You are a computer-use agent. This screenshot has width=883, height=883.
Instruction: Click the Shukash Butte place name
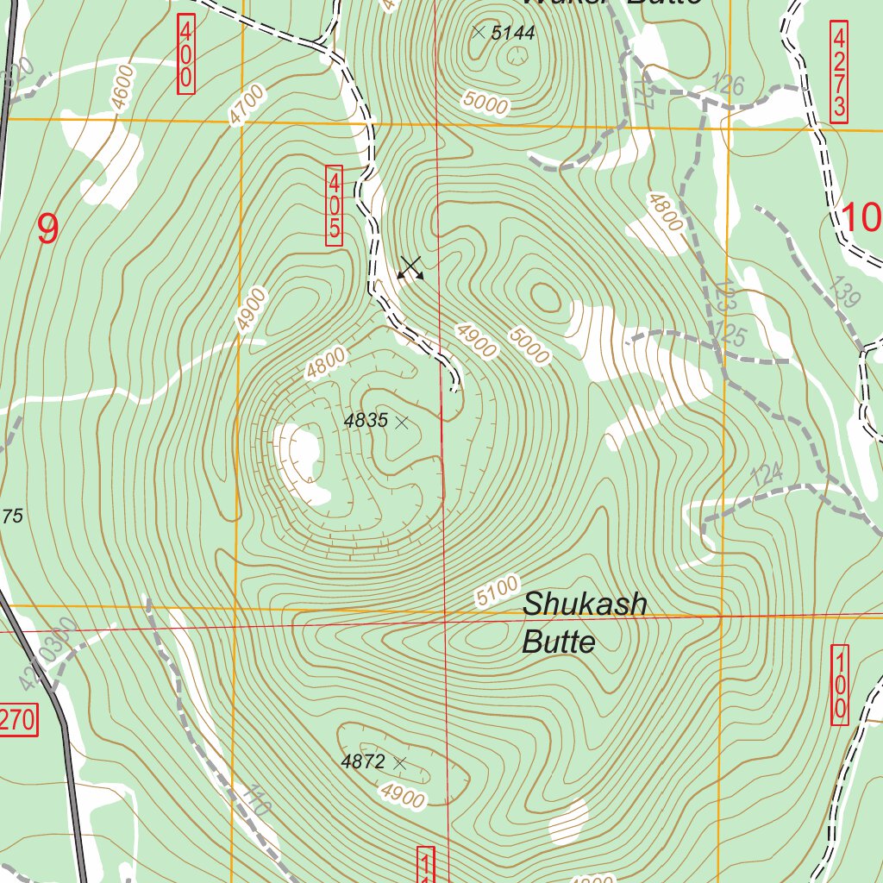tap(584, 622)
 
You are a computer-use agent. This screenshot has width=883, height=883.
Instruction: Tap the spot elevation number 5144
tap(513, 34)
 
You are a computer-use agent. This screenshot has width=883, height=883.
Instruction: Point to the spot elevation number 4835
tap(365, 422)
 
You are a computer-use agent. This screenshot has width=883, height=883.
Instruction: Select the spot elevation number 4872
tap(362, 762)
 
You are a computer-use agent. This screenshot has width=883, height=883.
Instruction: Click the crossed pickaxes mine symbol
tap(410, 268)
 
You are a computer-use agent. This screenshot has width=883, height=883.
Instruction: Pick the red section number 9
tap(48, 229)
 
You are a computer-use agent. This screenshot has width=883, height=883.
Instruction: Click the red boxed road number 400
tap(185, 53)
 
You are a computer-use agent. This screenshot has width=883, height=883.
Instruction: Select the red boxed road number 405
tap(335, 208)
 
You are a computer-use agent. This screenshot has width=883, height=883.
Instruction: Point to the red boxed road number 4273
tap(839, 73)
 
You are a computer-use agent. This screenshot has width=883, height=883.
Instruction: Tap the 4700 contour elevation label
tap(247, 106)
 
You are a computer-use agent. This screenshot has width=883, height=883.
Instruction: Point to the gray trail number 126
tap(728, 85)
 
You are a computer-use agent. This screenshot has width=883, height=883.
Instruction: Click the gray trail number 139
tap(845, 293)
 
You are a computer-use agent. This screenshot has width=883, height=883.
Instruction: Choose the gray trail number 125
tap(730, 335)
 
